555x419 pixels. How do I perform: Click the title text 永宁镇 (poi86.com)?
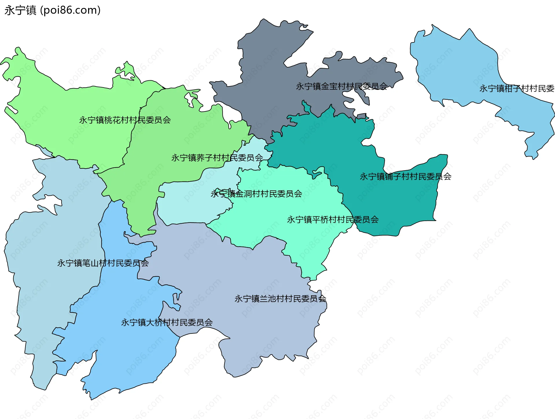[x=52, y=10]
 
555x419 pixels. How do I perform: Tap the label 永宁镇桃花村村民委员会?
[x=125, y=120]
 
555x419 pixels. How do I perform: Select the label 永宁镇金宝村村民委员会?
[x=342, y=86]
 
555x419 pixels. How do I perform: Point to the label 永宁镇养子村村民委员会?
[x=217, y=158]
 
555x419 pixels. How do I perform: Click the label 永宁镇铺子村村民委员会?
[x=405, y=177]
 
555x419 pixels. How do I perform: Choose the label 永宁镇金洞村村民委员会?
[x=256, y=194]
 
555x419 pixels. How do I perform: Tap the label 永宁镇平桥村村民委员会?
[x=333, y=220]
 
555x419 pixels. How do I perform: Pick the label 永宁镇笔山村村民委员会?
[x=103, y=263]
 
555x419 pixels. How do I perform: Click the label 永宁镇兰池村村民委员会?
[x=280, y=299]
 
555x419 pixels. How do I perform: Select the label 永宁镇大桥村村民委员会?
[x=167, y=322]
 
